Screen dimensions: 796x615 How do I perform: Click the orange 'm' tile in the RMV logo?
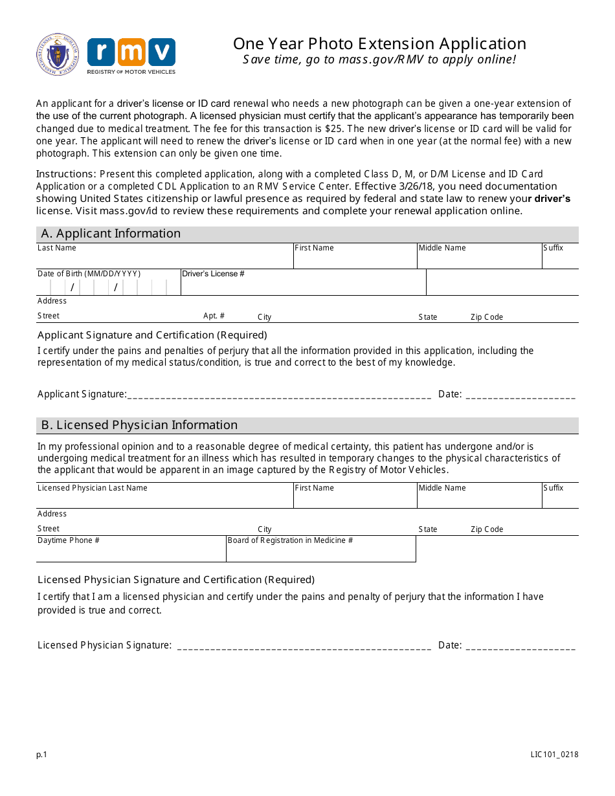131,52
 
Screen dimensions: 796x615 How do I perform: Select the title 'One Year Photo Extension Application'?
379,44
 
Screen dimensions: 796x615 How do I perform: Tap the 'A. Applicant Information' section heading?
111,234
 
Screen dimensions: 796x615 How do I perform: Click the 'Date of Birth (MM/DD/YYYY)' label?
89,274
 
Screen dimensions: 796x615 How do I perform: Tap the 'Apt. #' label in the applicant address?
214,316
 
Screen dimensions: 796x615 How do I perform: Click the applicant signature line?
279,395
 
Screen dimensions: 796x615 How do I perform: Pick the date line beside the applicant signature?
520,395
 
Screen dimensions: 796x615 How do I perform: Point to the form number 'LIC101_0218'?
553,755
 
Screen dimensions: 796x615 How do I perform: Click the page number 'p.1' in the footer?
42,755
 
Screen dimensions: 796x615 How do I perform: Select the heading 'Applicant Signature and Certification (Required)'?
152,335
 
